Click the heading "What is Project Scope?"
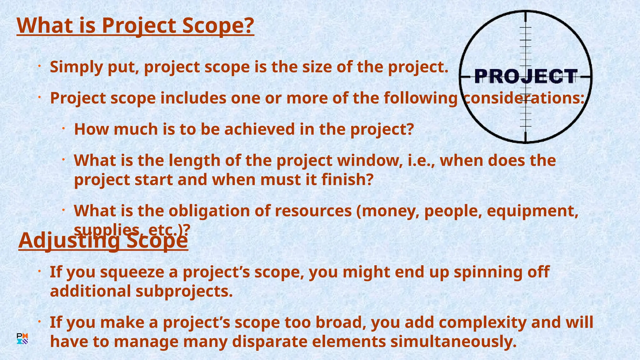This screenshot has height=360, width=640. click(135, 26)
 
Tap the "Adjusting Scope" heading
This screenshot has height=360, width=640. click(103, 241)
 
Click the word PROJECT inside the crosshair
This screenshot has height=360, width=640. click(526, 77)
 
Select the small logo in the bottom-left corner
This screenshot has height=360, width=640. click(22, 339)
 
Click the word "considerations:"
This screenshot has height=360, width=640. click(523, 98)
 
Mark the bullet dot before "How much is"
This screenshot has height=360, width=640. click(63, 128)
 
